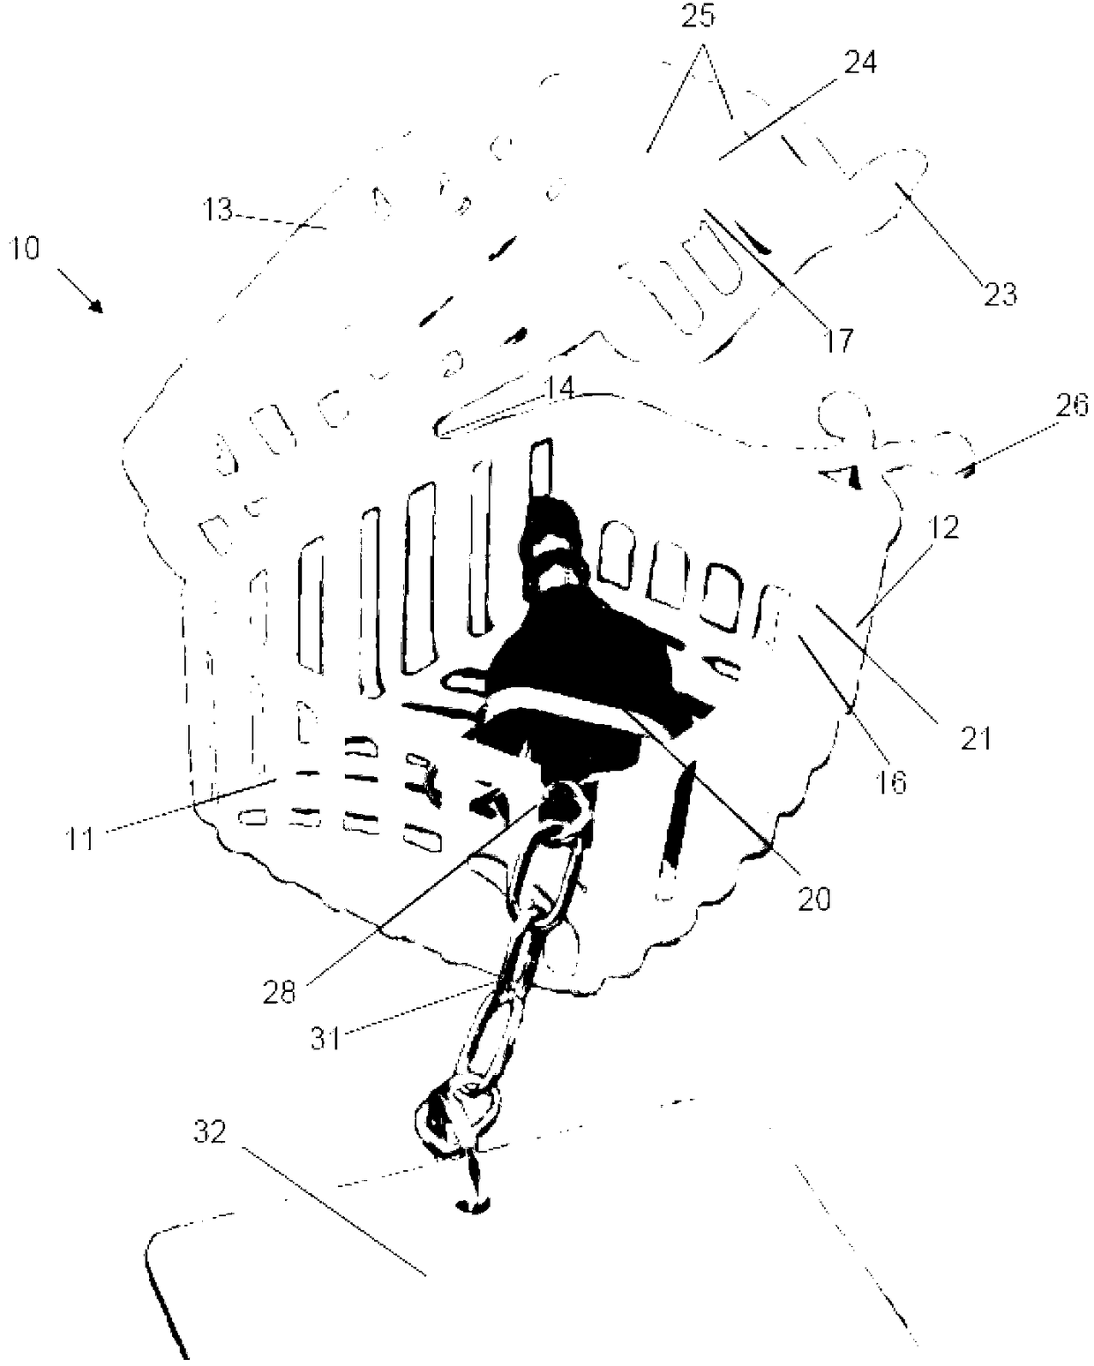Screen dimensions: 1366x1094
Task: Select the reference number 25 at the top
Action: click(x=698, y=17)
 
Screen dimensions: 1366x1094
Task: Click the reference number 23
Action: click(x=1000, y=294)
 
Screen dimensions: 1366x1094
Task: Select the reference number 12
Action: click(x=941, y=526)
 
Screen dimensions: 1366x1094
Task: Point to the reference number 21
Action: click(x=976, y=737)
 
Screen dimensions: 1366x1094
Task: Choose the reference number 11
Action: click(x=81, y=838)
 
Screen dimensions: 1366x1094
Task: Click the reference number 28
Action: click(x=280, y=992)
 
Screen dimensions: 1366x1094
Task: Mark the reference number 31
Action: click(x=325, y=1038)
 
